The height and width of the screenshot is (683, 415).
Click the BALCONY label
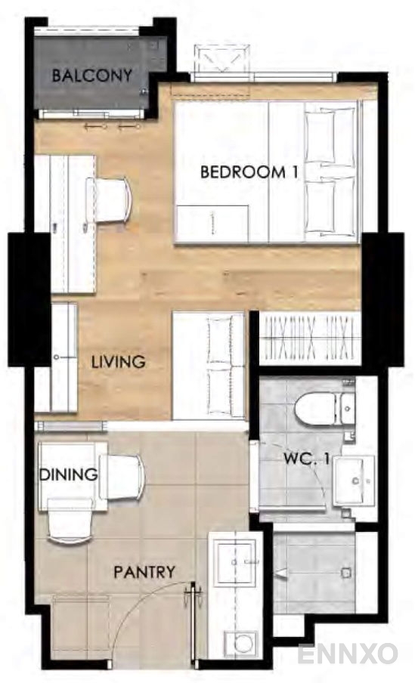(x=92, y=76)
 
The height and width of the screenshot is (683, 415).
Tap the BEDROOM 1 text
(x=249, y=172)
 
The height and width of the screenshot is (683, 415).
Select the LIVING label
(x=118, y=362)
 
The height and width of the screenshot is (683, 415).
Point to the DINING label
(x=69, y=474)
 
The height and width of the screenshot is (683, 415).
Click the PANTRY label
(x=144, y=572)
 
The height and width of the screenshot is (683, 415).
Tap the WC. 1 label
(x=306, y=459)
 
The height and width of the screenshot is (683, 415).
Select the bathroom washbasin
(x=354, y=481)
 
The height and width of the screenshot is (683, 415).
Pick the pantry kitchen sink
(x=237, y=562)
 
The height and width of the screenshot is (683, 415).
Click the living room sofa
(x=209, y=366)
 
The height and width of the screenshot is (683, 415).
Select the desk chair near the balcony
(x=108, y=200)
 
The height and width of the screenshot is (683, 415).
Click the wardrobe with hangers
(x=310, y=338)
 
